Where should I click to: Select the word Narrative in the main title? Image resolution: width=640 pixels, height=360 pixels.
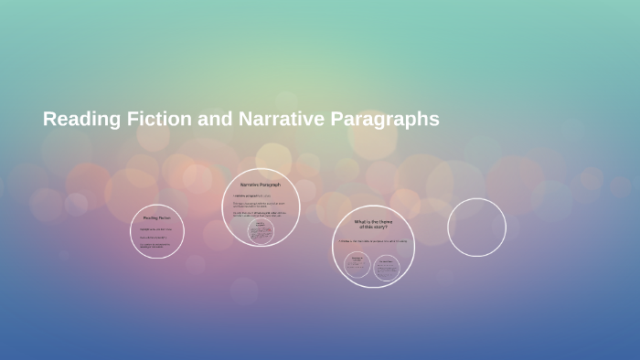click(x=278, y=119)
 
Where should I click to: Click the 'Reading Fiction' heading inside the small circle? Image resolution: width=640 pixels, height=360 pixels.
click(x=156, y=217)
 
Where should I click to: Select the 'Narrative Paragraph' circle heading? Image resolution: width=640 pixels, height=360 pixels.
click(x=261, y=185)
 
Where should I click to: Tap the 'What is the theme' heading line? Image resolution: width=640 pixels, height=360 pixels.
click(x=372, y=222)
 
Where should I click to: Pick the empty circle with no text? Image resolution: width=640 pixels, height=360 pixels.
click(x=476, y=227)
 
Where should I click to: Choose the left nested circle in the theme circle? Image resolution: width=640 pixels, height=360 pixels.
click(x=357, y=264)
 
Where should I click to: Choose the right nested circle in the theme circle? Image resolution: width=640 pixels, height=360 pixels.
click(x=387, y=264)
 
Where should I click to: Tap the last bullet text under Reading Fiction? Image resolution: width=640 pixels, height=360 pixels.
click(x=155, y=245)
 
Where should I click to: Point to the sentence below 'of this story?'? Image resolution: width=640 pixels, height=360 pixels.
click(x=372, y=241)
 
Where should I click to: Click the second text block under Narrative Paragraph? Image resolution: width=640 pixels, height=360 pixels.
click(x=260, y=205)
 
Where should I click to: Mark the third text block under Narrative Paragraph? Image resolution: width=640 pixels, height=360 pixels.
click(x=260, y=215)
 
